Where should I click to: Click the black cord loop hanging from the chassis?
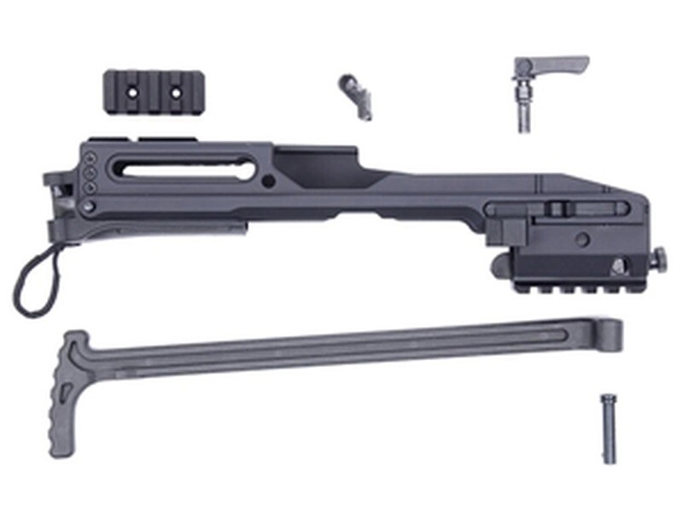click(34, 282)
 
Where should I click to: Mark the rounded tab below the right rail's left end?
click(499, 267)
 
